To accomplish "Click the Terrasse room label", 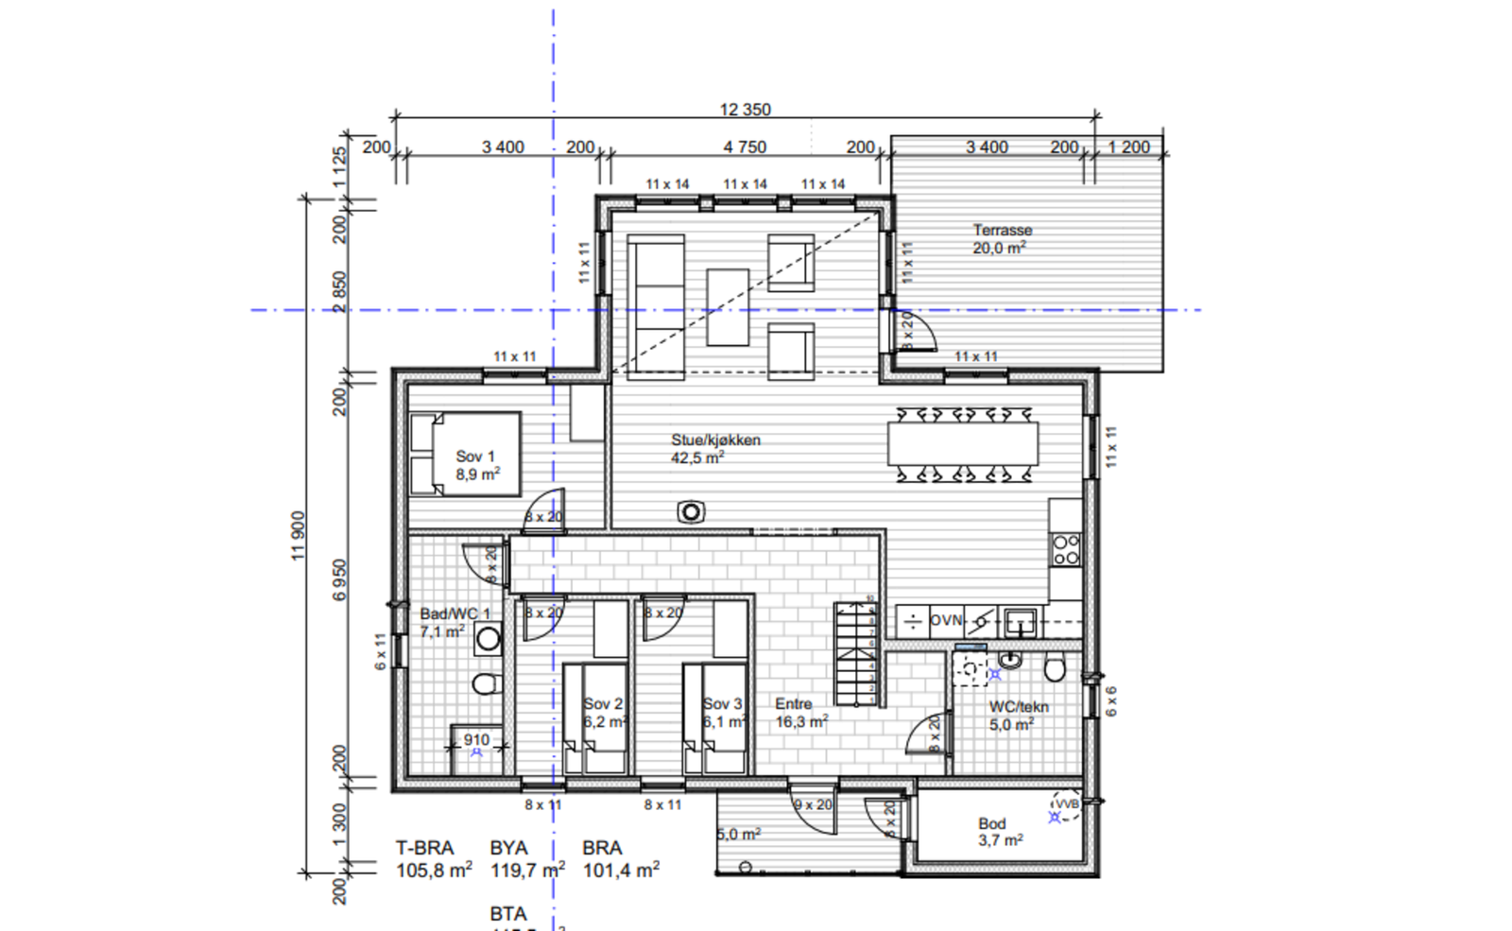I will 1002,231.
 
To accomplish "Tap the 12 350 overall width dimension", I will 745,110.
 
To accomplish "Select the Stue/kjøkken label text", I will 715,440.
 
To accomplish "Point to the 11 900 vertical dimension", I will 299,536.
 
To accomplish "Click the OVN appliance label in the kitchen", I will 946,621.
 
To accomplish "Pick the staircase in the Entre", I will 855,654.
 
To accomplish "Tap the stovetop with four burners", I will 1066,550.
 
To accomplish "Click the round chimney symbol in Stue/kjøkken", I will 691,512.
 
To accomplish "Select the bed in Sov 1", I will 465,454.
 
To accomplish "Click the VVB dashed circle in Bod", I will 1066,804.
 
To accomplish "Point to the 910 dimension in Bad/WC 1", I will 476,740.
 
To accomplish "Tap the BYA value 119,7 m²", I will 526,871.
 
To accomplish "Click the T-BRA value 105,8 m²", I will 434,871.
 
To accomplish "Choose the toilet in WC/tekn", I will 1055,668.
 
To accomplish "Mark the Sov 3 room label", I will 722,704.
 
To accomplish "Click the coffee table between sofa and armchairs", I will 728,307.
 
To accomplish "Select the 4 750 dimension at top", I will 745,147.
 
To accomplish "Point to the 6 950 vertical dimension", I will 340,579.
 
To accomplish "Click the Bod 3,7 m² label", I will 1000,832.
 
